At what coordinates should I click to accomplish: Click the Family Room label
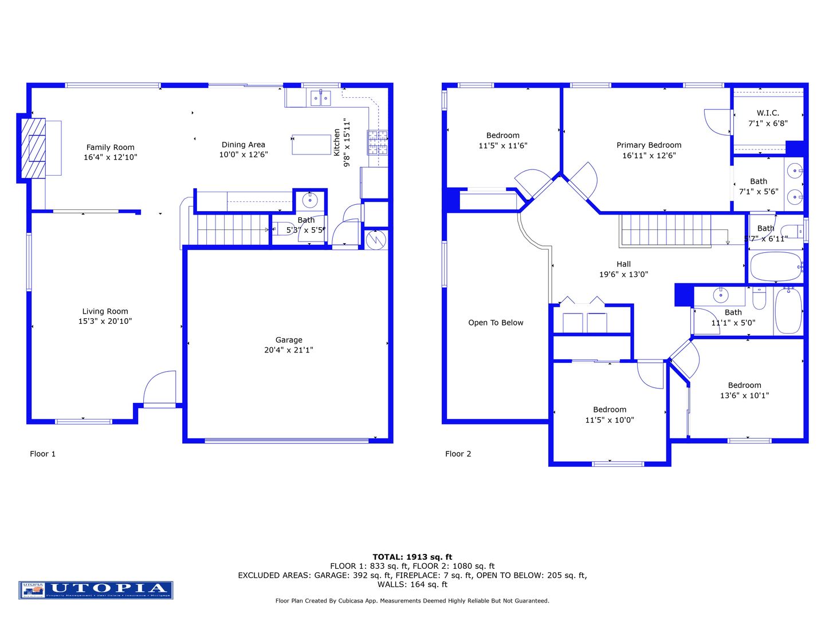[x=110, y=147]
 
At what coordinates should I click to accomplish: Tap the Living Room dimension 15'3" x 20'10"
[x=105, y=322]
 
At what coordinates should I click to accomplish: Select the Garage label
[x=288, y=340]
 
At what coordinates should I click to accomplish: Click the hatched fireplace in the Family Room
[x=33, y=148]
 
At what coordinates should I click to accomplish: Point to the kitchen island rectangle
[x=311, y=145]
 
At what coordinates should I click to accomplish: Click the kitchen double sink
[x=320, y=98]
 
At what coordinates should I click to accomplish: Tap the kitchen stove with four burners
[x=378, y=142]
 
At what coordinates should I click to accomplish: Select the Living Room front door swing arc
[x=159, y=387]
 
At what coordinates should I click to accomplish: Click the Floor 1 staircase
[x=233, y=229]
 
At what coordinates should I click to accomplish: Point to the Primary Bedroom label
[x=649, y=145]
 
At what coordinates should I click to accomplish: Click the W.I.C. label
[x=767, y=113]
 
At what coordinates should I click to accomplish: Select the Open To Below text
[x=496, y=323]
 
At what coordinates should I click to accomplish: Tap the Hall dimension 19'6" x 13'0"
[x=623, y=275]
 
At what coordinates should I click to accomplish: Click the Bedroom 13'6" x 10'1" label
[x=744, y=386]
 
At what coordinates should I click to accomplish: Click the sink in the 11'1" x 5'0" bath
[x=720, y=295]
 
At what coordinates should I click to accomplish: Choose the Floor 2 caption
[x=458, y=454]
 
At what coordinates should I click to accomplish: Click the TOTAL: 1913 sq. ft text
[x=412, y=557]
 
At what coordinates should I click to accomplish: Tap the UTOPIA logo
[x=96, y=589]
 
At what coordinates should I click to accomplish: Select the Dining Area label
[x=243, y=145]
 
